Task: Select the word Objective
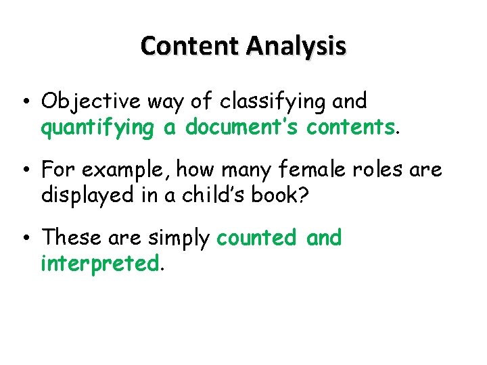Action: [x=91, y=102]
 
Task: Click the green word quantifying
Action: [x=97, y=128]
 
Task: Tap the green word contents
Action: [x=350, y=128]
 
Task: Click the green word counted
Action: [x=256, y=238]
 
